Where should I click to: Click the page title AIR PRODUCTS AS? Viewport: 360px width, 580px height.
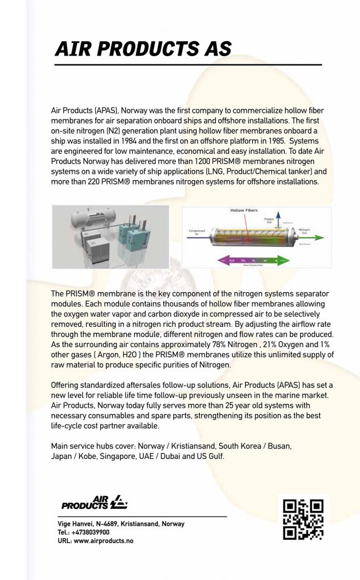[x=143, y=49]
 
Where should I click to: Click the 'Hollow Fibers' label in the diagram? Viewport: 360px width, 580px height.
[x=244, y=210]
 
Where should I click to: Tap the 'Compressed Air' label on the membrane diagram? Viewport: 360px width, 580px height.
[x=196, y=231]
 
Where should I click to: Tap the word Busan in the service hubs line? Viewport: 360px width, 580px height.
[x=278, y=446]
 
